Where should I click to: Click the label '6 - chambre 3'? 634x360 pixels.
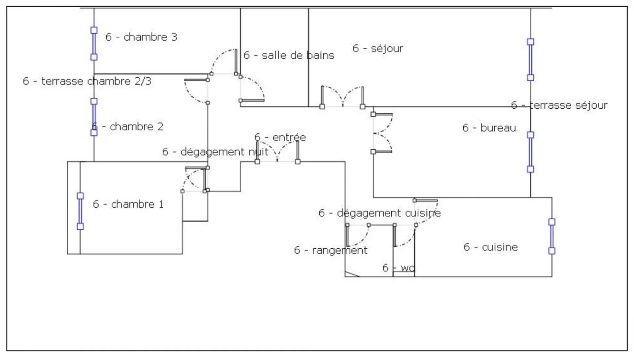click(141, 37)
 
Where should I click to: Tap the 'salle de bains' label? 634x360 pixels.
click(289, 55)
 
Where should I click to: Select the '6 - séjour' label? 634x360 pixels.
click(378, 49)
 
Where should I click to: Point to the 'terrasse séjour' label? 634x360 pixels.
click(559, 105)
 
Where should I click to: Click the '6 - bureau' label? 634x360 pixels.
click(489, 128)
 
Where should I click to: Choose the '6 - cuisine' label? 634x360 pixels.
click(491, 247)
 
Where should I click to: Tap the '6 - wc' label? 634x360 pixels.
click(398, 268)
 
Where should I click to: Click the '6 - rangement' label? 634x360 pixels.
click(331, 250)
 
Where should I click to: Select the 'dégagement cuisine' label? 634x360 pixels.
click(380, 213)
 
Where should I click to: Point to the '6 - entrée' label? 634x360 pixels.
click(280, 137)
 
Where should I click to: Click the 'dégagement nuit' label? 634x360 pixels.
click(215, 152)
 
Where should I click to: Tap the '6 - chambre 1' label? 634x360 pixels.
click(128, 204)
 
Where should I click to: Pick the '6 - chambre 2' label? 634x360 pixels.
click(128, 126)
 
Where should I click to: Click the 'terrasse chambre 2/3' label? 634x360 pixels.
click(87, 81)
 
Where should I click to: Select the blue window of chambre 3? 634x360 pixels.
click(94, 44)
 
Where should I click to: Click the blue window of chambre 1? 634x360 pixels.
click(80, 211)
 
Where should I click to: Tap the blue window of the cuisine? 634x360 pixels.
click(552, 236)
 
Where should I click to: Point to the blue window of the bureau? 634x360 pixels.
click(530, 152)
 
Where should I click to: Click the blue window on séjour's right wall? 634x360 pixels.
click(530, 60)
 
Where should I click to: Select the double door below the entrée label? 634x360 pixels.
click(277, 154)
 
